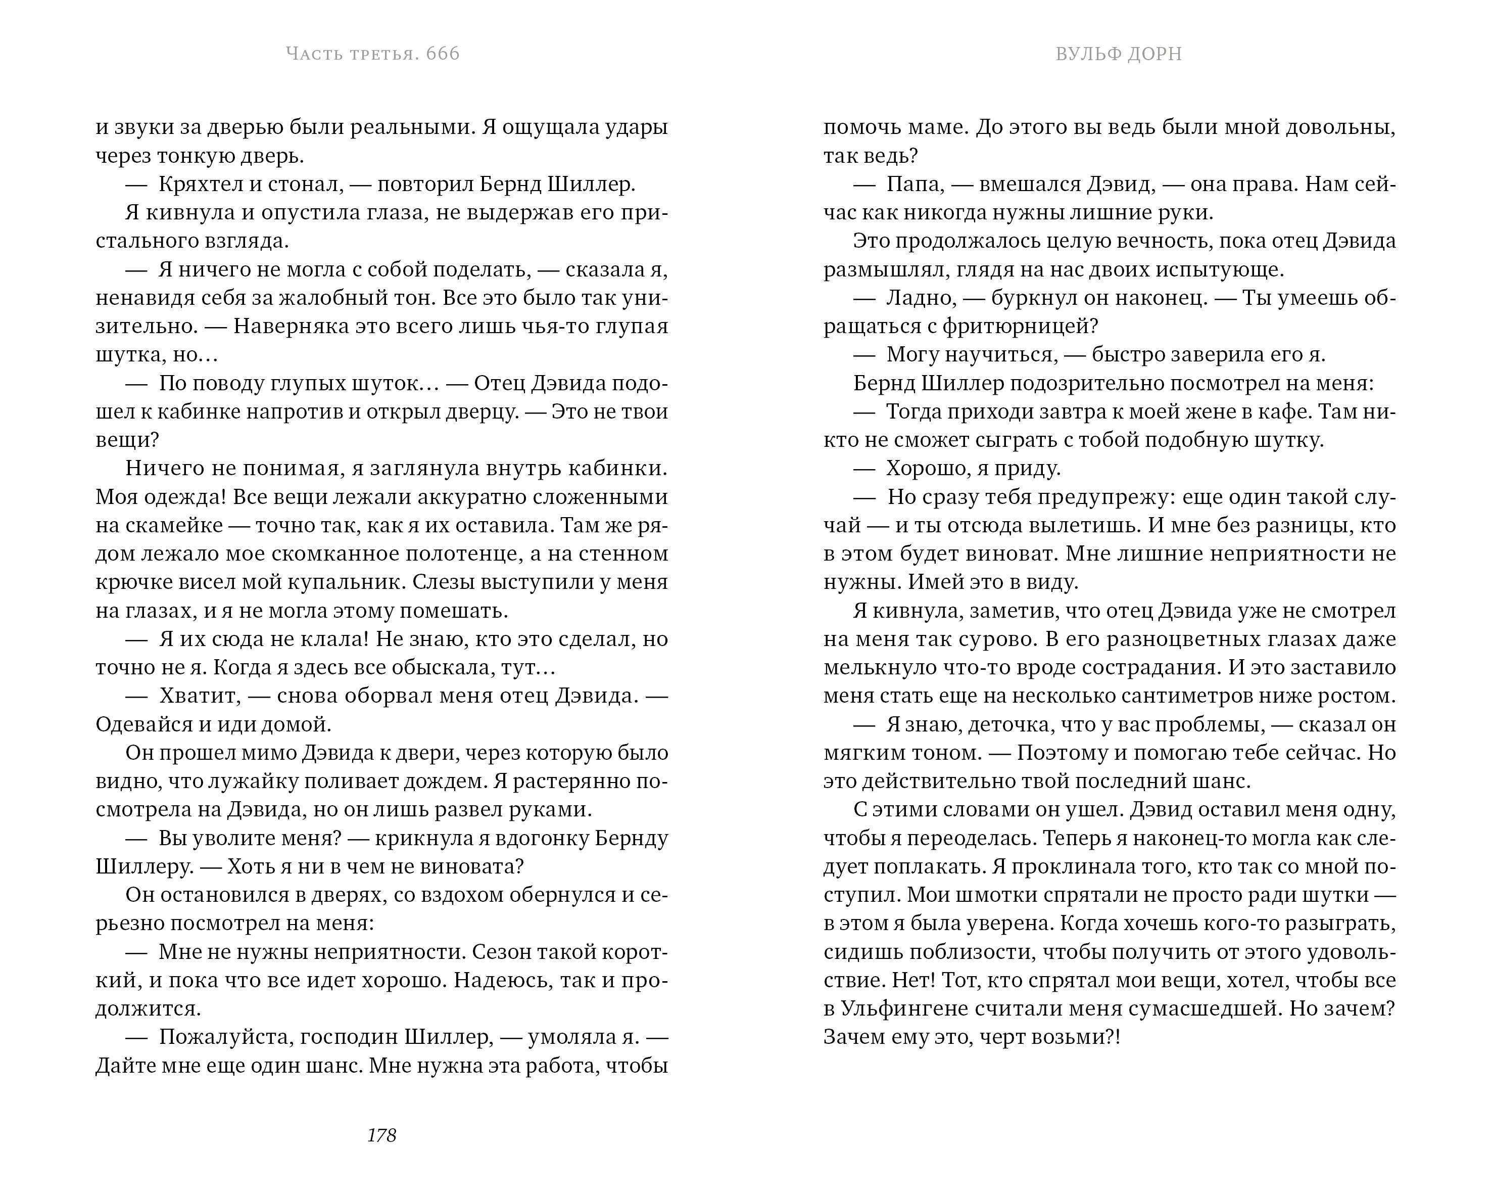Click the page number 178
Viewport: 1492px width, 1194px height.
click(381, 1135)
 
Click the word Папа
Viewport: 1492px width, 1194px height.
click(913, 185)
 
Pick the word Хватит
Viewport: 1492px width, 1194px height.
click(199, 696)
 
